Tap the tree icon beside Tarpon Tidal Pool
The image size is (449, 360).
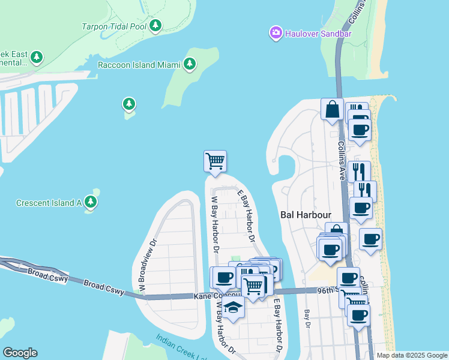coord(155,25)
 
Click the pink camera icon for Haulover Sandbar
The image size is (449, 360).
coord(276,32)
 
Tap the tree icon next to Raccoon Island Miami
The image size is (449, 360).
coord(190,64)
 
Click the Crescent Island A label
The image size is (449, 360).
coord(49,203)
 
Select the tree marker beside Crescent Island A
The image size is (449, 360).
coord(91,202)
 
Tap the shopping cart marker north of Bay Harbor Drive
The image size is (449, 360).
coord(215,161)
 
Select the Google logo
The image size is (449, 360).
coord(20,353)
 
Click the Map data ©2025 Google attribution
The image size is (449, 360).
coord(411,355)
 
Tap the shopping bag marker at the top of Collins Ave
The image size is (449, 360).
coord(332,110)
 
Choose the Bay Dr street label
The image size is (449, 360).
coord(307,317)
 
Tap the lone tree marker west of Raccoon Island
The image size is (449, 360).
coord(128,104)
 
